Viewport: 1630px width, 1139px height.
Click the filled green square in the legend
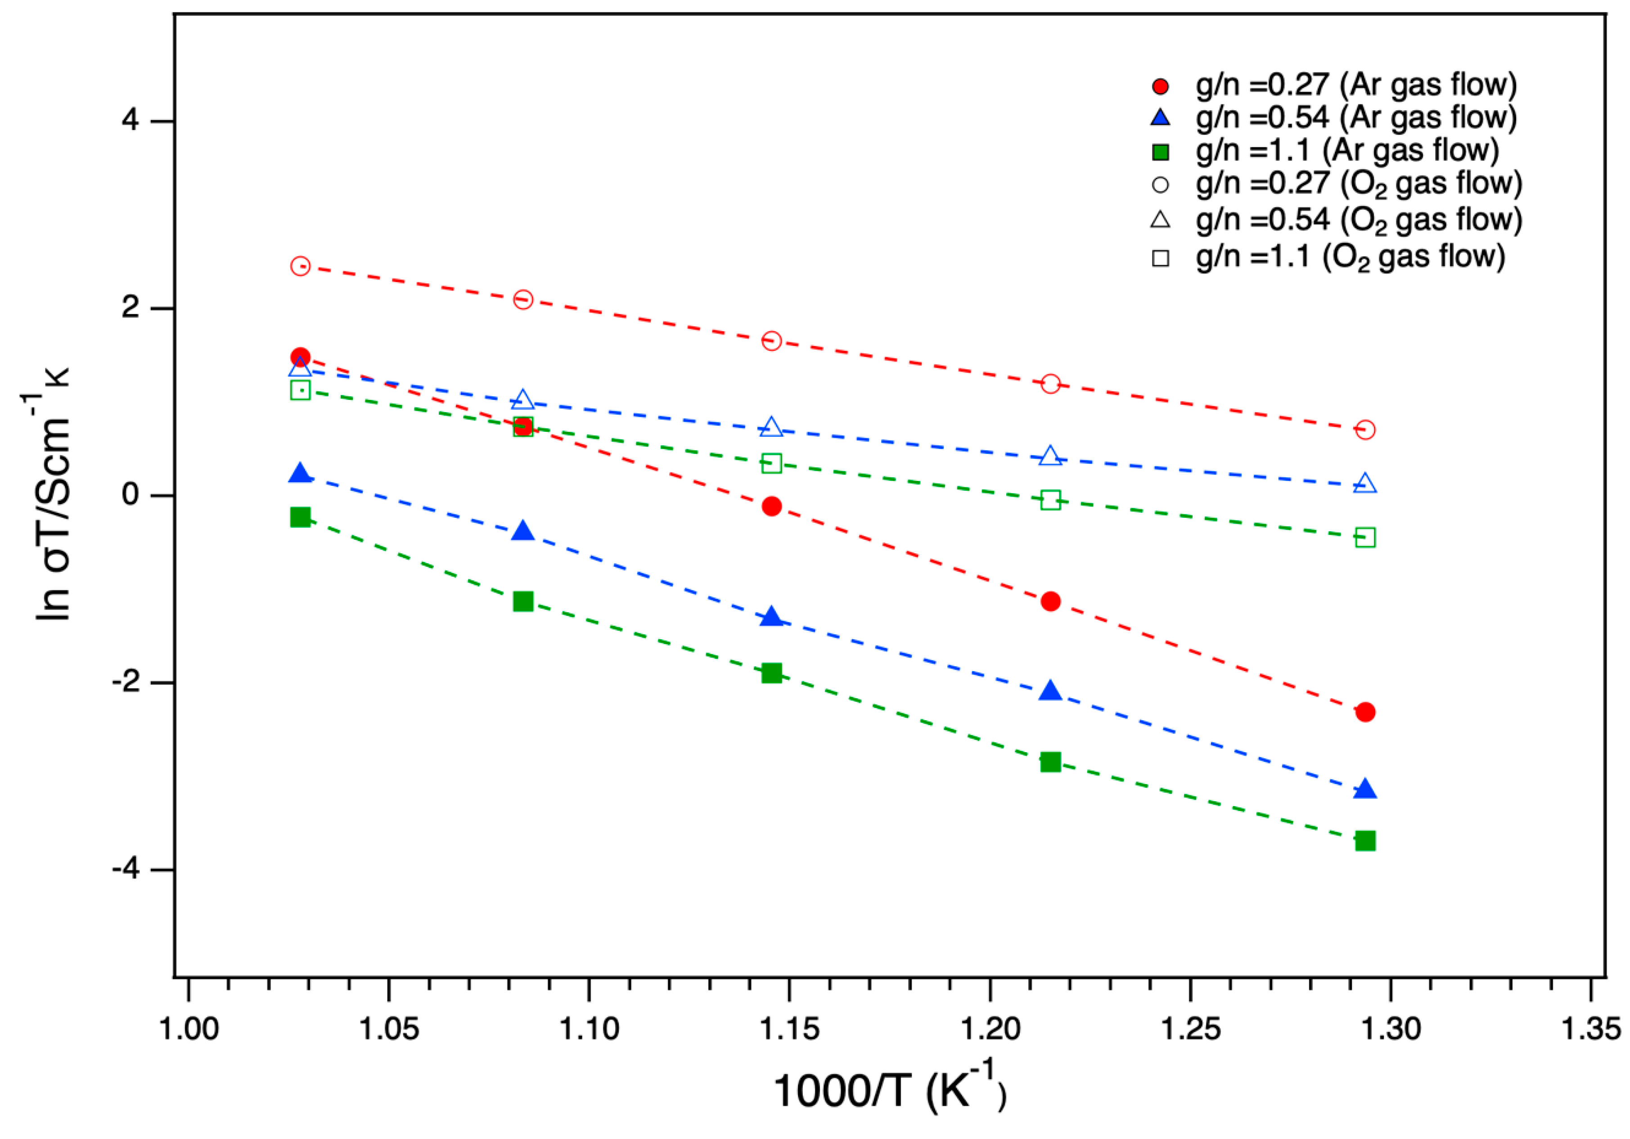(x=1160, y=152)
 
